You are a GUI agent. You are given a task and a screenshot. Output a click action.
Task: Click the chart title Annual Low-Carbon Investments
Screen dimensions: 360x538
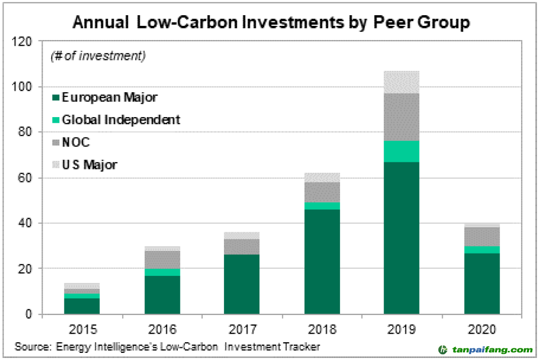click(x=271, y=23)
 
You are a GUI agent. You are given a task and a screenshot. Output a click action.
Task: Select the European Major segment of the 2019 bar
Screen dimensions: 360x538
click(x=401, y=238)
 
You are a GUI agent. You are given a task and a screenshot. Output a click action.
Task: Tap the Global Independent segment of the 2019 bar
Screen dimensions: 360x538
click(x=401, y=151)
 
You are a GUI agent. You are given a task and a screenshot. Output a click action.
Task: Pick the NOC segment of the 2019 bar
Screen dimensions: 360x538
click(x=401, y=117)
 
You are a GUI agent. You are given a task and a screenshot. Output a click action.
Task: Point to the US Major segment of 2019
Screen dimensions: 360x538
click(x=401, y=82)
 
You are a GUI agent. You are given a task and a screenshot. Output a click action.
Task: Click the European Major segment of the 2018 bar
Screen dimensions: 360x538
click(x=322, y=262)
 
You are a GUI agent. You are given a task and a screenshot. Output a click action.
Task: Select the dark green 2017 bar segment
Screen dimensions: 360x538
click(x=242, y=284)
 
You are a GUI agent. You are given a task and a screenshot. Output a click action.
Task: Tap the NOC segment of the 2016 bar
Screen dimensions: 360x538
click(x=162, y=259)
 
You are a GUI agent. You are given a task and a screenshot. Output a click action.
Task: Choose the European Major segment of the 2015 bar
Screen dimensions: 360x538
click(x=82, y=306)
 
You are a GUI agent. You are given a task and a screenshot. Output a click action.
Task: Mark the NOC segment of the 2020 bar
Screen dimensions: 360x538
click(x=482, y=236)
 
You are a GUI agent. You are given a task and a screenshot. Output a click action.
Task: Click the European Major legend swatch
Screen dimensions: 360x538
click(x=55, y=98)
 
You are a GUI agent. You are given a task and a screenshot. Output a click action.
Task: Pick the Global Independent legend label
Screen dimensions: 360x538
click(x=121, y=120)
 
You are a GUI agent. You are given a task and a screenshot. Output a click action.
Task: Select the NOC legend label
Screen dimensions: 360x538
click(x=75, y=142)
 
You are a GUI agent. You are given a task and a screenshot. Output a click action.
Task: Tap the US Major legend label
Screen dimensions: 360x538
click(x=89, y=165)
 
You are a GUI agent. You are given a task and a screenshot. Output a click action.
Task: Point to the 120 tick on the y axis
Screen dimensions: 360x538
click(x=26, y=42)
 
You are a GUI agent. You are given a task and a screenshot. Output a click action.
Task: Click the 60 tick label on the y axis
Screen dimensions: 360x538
click(x=28, y=178)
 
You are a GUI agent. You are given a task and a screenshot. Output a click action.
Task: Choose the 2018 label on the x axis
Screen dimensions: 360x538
click(x=322, y=329)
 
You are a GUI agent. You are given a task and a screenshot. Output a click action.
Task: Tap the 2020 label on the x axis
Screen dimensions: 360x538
click(x=482, y=329)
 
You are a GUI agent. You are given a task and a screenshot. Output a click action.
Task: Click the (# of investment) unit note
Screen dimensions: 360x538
click(x=98, y=56)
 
